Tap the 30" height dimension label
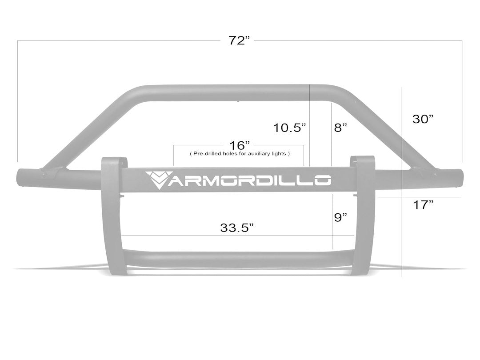tap(423, 119)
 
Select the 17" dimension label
tap(423, 205)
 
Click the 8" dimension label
tap(340, 128)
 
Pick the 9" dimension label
tap(340, 217)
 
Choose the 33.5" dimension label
tap(237, 228)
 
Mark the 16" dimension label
tap(240, 145)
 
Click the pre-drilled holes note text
tap(240, 154)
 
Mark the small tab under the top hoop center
tap(239, 101)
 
